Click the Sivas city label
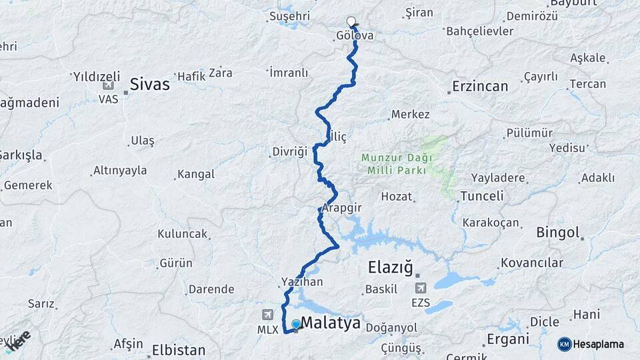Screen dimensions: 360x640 coord(149,85)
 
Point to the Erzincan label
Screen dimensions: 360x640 coord(480,86)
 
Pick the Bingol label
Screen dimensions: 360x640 coord(558,233)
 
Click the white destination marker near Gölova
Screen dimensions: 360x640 coord(351,21)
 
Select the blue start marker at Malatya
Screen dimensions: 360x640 coord(296,324)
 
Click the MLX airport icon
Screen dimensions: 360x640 coord(268,313)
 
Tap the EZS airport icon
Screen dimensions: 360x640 coord(421,289)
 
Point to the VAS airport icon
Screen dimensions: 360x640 coord(108,85)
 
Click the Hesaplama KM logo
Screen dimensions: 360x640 coord(591,344)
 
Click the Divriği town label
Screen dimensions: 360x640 coord(289,151)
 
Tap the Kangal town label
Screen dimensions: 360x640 coord(197,174)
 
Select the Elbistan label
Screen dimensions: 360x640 coord(179,349)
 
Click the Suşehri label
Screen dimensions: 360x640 coord(291,15)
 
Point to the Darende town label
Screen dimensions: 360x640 coord(211,289)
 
